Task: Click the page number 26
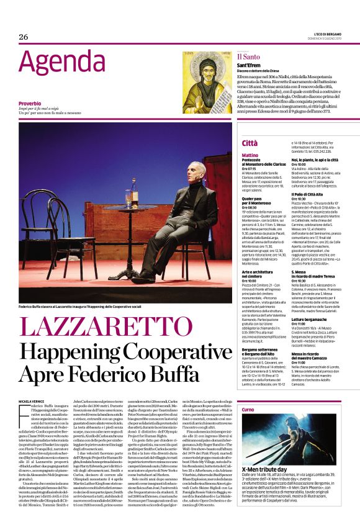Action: pos(24,37)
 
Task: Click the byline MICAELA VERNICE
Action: pos(31,403)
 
